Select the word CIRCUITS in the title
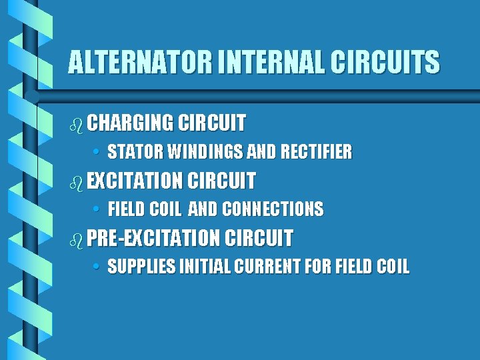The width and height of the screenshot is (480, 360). pyautogui.click(x=387, y=63)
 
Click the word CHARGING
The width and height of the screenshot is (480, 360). pyautogui.click(x=130, y=123)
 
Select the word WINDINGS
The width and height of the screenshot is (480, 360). pyautogui.click(x=205, y=153)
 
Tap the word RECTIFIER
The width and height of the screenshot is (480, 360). pyautogui.click(x=316, y=153)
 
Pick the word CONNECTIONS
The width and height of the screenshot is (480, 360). pyautogui.click(x=273, y=210)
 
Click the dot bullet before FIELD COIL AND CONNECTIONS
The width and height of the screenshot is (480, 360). pyautogui.click(x=97, y=210)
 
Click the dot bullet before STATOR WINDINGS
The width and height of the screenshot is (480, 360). pyautogui.click(x=97, y=153)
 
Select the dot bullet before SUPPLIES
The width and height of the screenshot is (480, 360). pyautogui.click(x=97, y=267)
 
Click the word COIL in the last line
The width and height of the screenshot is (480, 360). pyautogui.click(x=393, y=267)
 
